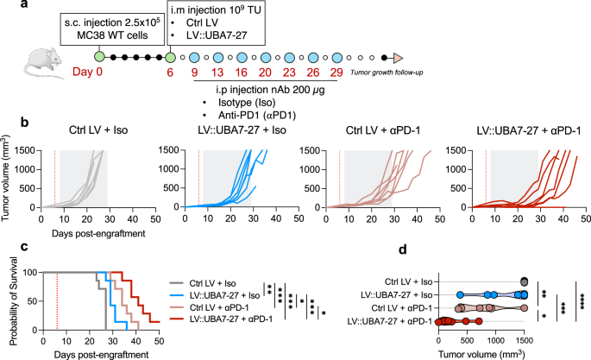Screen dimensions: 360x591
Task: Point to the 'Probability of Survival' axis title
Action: pos(9,294)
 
